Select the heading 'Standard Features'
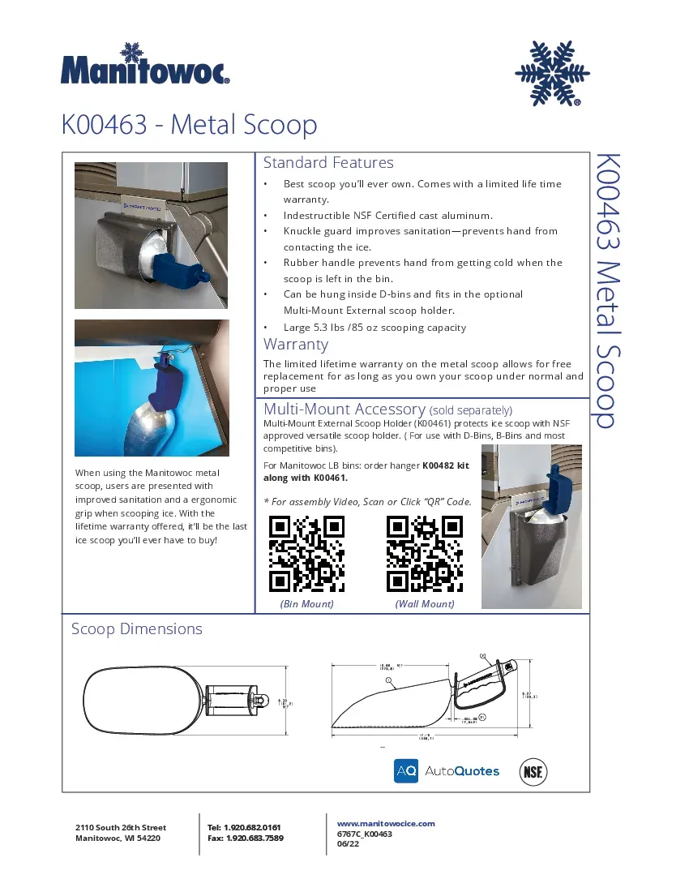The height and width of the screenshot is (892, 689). [x=328, y=163]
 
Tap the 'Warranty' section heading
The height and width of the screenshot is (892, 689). [x=296, y=345]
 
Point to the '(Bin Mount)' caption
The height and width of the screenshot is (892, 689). [x=307, y=604]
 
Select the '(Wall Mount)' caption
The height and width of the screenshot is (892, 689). [x=425, y=604]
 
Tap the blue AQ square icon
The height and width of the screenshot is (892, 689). [x=406, y=771]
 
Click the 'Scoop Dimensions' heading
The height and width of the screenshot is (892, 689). [x=136, y=629]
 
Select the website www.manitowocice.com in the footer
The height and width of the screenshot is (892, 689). [x=386, y=823]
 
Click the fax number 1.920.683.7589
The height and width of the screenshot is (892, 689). [x=255, y=838]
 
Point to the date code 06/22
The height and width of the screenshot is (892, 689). [x=348, y=844]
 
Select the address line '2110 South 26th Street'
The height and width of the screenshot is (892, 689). [x=120, y=828]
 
